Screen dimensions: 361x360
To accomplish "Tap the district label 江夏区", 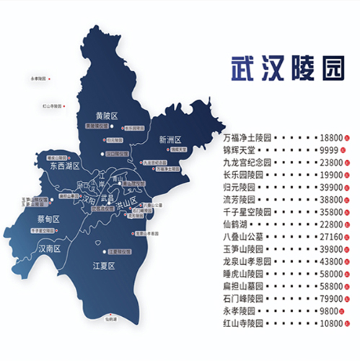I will [x=105, y=266].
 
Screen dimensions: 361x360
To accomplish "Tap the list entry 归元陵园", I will [x=239, y=187].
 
